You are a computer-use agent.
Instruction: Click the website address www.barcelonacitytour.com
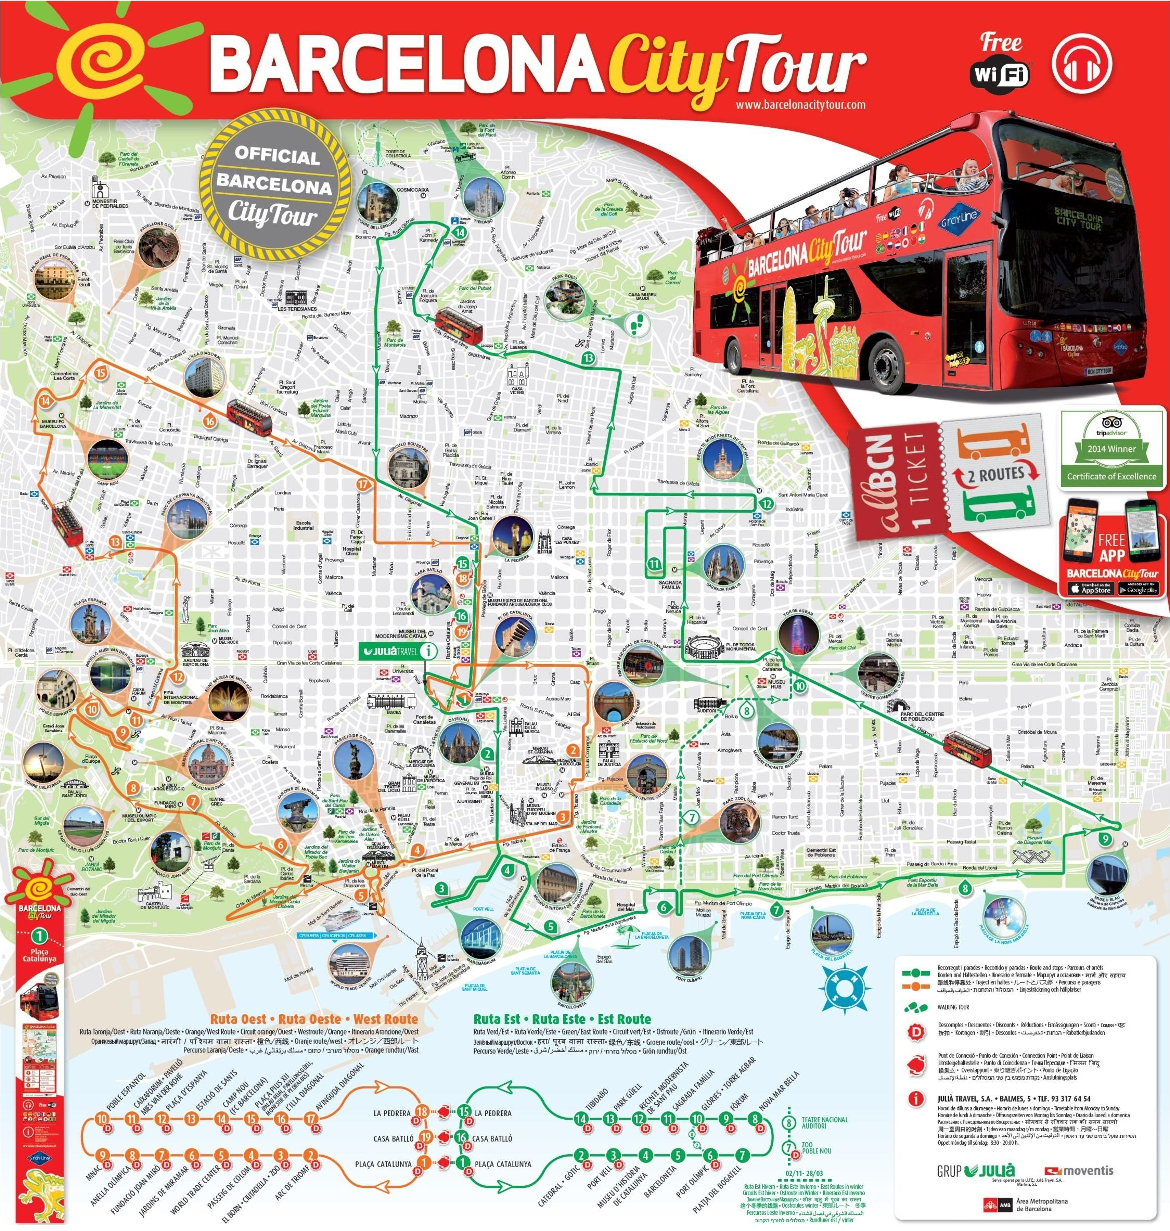click(x=800, y=105)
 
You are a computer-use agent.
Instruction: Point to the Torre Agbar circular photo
click(x=799, y=636)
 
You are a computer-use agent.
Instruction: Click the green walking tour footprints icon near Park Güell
click(x=637, y=322)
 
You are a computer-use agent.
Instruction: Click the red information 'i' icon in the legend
click(x=915, y=1099)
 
